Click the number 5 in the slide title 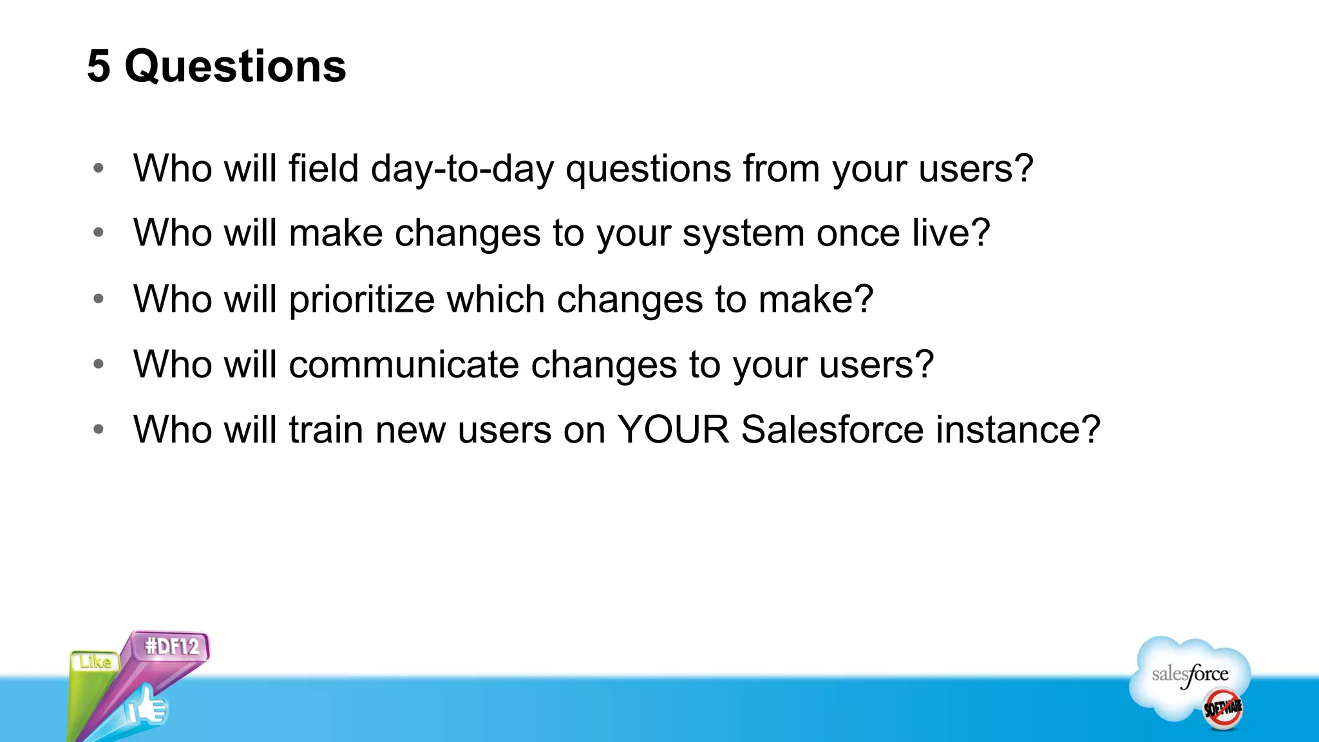(x=99, y=66)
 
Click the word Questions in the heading (x=235, y=66)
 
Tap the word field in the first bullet (x=323, y=169)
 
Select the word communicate (x=404, y=365)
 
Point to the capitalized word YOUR (x=673, y=430)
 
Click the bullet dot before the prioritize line (x=99, y=299)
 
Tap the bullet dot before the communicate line (x=99, y=364)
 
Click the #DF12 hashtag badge (x=171, y=646)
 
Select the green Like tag (x=95, y=661)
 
